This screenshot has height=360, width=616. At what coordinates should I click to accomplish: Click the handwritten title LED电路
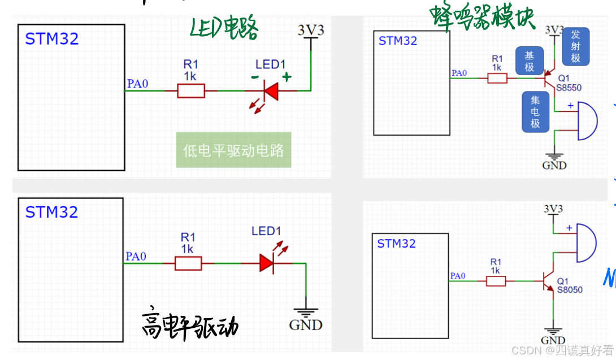point(224,27)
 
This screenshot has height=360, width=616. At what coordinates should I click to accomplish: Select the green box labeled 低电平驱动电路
point(233,150)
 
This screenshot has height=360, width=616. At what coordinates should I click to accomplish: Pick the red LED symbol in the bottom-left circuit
point(267,263)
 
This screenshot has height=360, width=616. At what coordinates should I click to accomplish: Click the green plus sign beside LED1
point(287,77)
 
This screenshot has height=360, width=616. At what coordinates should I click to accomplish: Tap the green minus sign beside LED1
point(255,77)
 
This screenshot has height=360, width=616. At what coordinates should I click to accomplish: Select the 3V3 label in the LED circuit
point(311,30)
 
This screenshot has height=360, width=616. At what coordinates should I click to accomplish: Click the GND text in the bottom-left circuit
point(306,325)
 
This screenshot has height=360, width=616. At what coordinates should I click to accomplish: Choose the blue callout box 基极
point(529,61)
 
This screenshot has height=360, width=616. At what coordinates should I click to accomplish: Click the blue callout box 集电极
point(535,111)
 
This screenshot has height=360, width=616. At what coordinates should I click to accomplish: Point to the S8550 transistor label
point(569,88)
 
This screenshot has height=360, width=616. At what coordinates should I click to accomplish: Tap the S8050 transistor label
point(570,289)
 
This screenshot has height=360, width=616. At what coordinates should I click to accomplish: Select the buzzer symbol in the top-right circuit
point(587,121)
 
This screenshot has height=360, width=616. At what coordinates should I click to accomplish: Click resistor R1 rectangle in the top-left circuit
point(190,90)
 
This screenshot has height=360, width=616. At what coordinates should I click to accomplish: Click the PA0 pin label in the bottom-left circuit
point(136,257)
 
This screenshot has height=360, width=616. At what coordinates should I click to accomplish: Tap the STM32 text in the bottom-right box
point(396,244)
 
